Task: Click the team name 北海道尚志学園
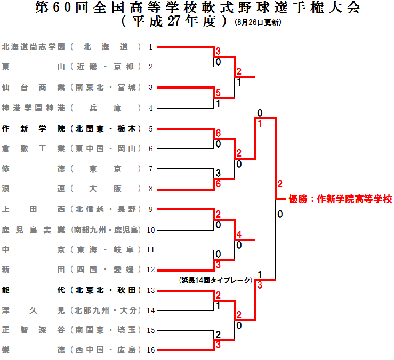[x=34, y=47]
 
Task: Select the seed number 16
[x=151, y=350]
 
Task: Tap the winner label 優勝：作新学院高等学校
[x=340, y=200]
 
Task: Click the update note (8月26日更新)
[x=258, y=23]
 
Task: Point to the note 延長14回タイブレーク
[x=215, y=280]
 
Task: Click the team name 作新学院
[x=34, y=128]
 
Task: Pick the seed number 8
[x=151, y=189]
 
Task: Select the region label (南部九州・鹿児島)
[x=106, y=230]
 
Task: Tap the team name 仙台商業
[x=34, y=87]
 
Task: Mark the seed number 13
[x=151, y=290]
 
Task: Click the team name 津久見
[x=34, y=310]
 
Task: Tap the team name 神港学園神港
[x=34, y=108]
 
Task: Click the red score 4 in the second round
[x=239, y=234]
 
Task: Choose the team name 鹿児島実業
[x=34, y=230]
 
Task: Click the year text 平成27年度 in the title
[x=176, y=22]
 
